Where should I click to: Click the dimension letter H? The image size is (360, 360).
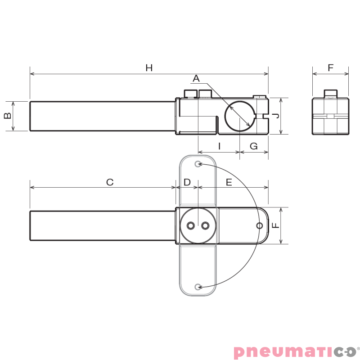coord(149,68)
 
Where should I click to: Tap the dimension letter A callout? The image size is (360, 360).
coord(196,79)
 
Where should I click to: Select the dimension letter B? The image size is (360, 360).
coord(8,116)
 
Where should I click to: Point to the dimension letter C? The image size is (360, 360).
coord(110,182)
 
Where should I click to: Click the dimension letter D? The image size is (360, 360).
coord(187,182)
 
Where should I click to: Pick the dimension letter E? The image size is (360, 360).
coord(229,182)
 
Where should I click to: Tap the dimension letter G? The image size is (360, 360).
coord(254,146)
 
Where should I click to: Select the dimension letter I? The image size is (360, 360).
coord(220,146)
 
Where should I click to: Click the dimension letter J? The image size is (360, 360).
coord(277,116)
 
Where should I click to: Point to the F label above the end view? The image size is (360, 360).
coord(331,68)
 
